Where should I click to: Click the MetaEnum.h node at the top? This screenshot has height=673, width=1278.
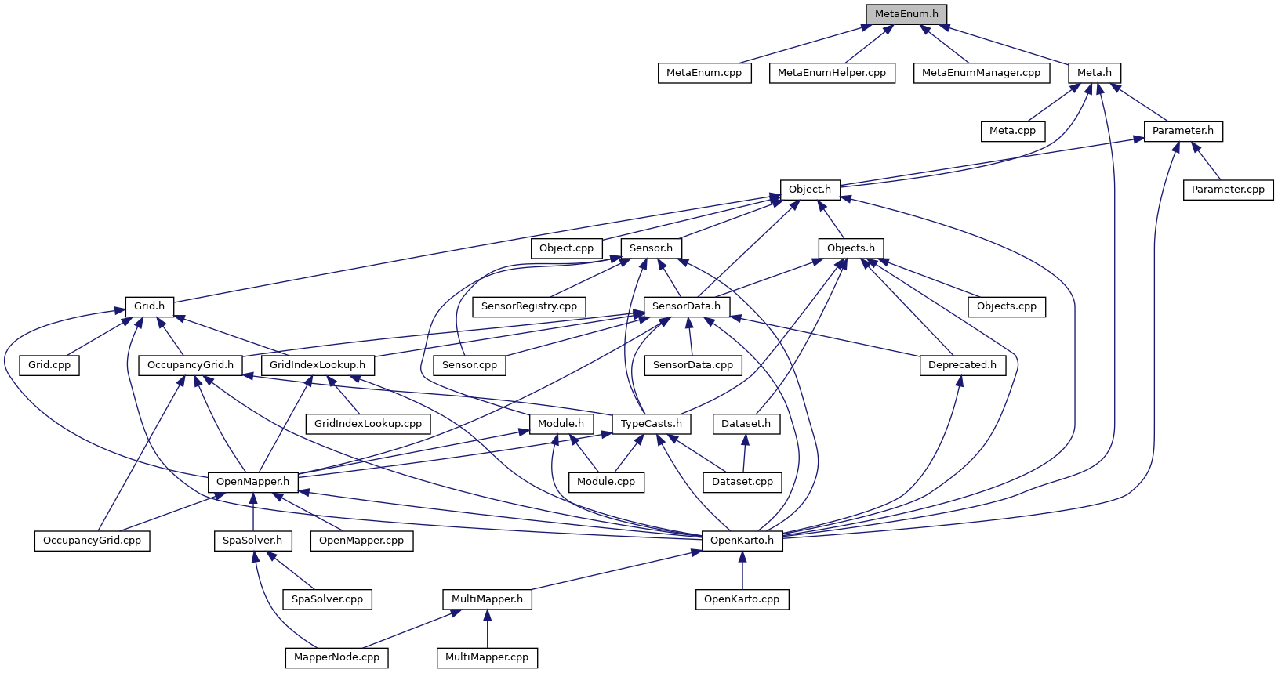coord(906,14)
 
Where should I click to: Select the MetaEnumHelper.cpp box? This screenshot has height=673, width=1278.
coord(831,73)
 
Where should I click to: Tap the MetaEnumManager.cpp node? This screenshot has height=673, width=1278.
coord(981,73)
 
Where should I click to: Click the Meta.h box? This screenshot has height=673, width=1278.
coord(1094,73)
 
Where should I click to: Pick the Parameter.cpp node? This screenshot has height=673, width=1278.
coord(1228,190)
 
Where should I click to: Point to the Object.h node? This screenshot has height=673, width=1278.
coord(810,190)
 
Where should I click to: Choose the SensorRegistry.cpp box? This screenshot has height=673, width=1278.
coord(529,306)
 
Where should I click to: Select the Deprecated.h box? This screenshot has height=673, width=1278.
coord(962,365)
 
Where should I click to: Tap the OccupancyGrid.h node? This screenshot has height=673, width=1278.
coord(191,365)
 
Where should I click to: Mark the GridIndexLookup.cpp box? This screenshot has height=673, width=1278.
coord(368,424)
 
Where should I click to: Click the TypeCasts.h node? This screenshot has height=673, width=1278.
coord(651,424)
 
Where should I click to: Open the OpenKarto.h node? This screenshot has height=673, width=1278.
coord(742,541)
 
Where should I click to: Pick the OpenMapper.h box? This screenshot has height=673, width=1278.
coord(252,482)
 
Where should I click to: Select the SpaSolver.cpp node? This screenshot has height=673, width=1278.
coord(327,599)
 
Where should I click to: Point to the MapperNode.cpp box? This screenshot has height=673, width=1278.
coord(336,657)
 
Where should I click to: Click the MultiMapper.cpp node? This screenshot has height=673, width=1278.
coord(487,657)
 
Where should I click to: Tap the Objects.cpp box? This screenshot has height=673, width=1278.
coord(1007,306)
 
